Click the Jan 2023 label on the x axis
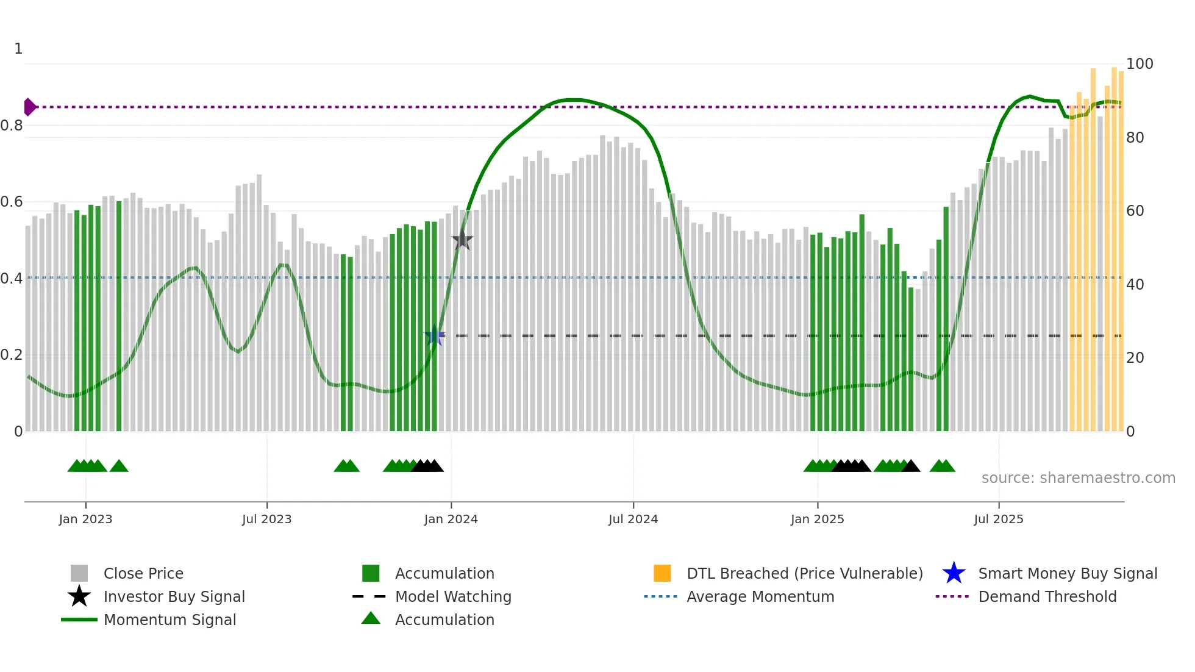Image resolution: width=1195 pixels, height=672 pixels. tap(85, 519)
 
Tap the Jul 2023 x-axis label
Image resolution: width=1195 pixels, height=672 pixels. tap(266, 519)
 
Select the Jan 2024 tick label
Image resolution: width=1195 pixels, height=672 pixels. tap(451, 519)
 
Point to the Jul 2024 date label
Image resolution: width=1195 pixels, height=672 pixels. tap(633, 519)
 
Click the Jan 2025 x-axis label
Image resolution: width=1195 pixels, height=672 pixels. tap(817, 519)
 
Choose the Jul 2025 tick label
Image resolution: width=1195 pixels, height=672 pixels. tap(998, 519)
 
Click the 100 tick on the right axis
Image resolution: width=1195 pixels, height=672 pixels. tap(1139, 64)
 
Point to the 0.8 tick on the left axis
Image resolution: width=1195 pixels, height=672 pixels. tap(12, 126)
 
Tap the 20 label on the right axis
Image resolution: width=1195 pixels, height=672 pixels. tap(1135, 358)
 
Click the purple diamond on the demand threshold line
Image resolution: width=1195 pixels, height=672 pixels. tap(29, 107)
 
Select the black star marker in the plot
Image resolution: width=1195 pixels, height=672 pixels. tap(462, 240)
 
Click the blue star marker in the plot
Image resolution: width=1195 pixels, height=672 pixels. tap(434, 336)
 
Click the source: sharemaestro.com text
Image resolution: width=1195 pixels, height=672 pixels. tap(1078, 478)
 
